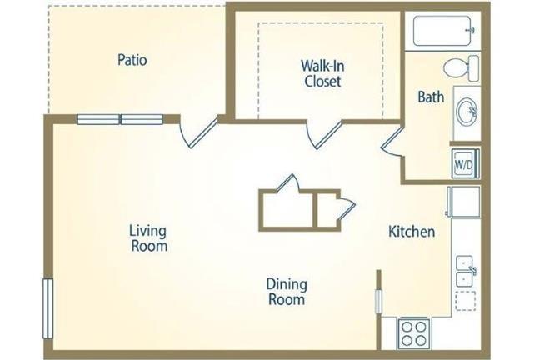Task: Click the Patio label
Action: pyautogui.click(x=132, y=60)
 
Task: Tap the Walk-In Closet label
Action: pyautogui.click(x=322, y=73)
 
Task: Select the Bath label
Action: pyautogui.click(x=431, y=97)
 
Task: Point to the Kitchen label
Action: pyautogui.click(x=412, y=232)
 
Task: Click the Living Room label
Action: pyautogui.click(x=148, y=238)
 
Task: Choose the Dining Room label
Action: pyautogui.click(x=287, y=292)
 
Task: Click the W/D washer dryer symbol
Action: pyautogui.click(x=465, y=163)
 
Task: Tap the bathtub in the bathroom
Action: pyautogui.click(x=442, y=31)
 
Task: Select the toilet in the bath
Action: pyautogui.click(x=461, y=68)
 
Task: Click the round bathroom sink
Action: pyautogui.click(x=467, y=112)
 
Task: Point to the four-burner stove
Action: pyautogui.click(x=413, y=333)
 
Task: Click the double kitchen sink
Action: pyautogui.click(x=465, y=271)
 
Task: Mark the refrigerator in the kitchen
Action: pyautogui.click(x=463, y=202)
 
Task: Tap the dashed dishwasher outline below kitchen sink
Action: pyautogui.click(x=465, y=301)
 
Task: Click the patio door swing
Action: pyautogui.click(x=197, y=132)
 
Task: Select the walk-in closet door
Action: pyautogui.click(x=323, y=134)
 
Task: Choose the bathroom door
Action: pyautogui.click(x=392, y=142)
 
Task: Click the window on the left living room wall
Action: pyautogui.click(x=48, y=308)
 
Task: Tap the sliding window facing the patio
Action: pyautogui.click(x=120, y=119)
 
